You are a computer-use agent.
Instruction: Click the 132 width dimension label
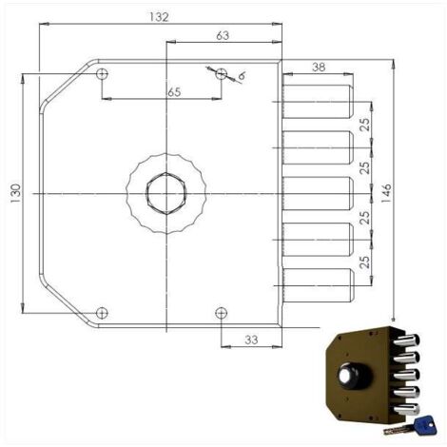(x=159, y=17)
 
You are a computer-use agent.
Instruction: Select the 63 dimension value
(x=223, y=35)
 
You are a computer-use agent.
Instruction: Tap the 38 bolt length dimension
(x=319, y=67)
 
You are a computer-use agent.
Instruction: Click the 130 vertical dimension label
(x=16, y=193)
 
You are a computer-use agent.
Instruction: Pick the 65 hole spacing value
(x=174, y=92)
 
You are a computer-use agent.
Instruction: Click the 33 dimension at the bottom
(x=251, y=340)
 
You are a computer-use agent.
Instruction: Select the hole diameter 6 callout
(x=242, y=76)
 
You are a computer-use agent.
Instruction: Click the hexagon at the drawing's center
(x=166, y=193)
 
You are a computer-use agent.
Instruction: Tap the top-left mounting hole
(x=102, y=74)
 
